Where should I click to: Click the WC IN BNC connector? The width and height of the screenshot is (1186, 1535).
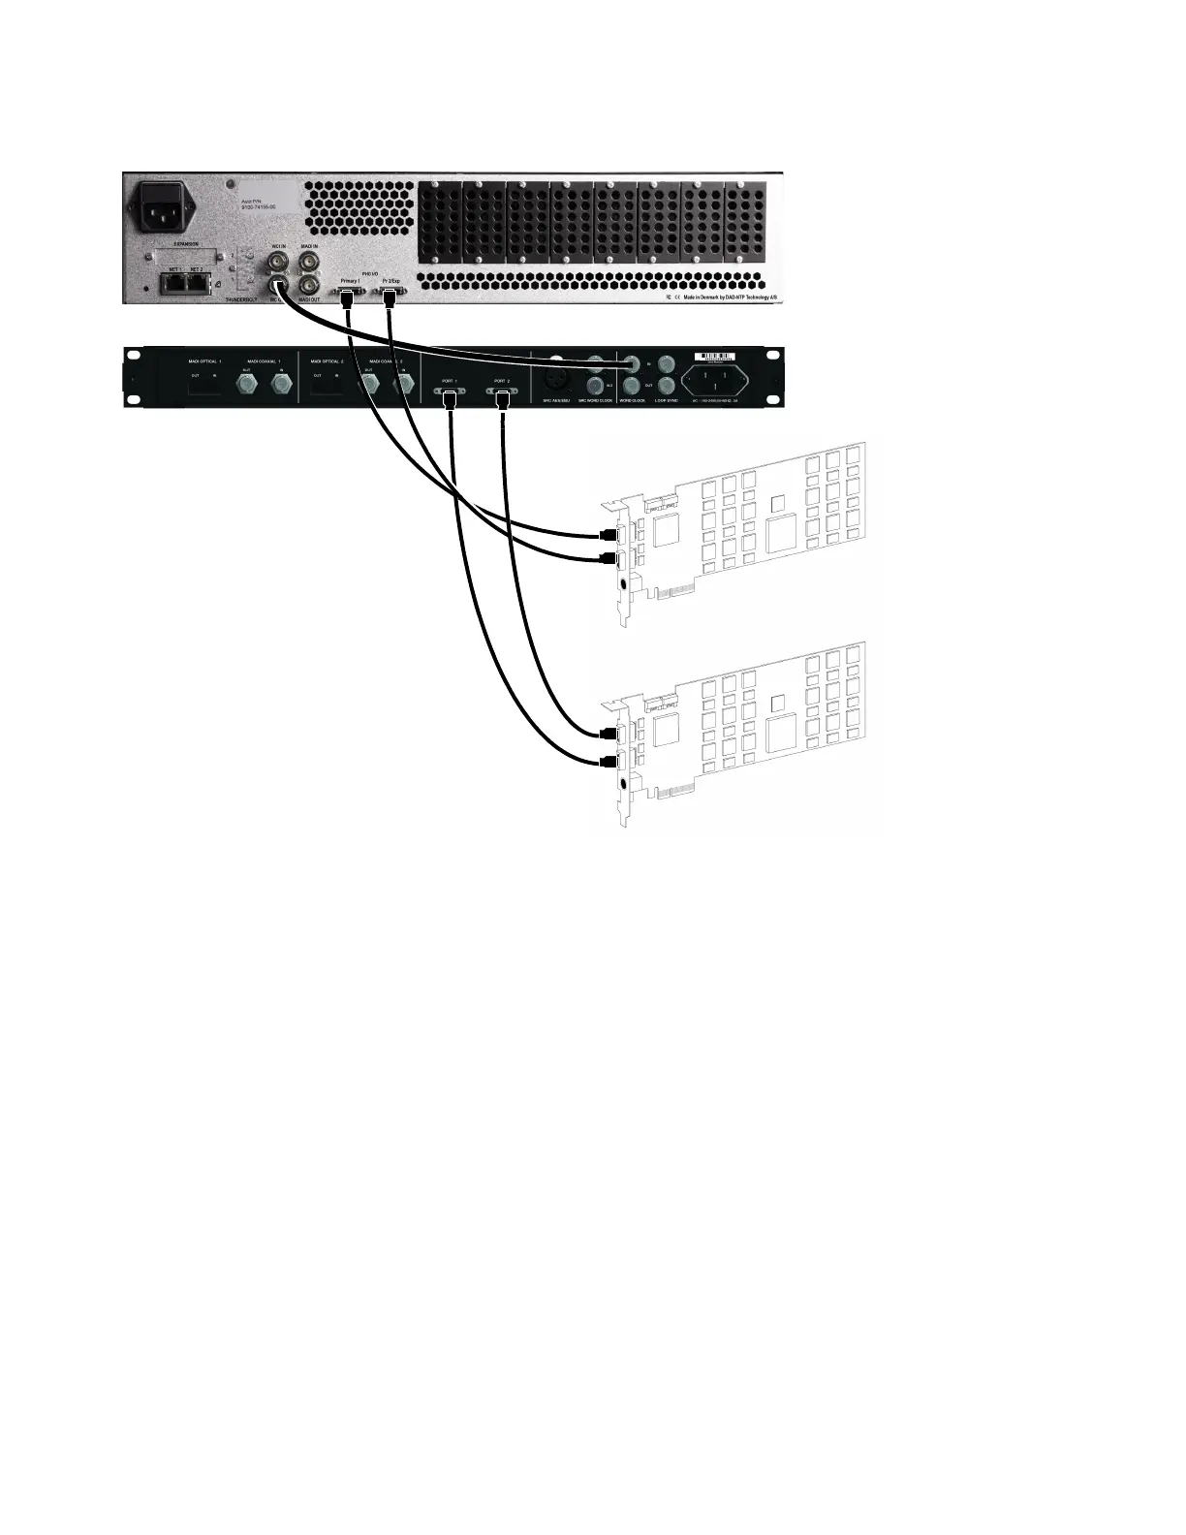(278, 263)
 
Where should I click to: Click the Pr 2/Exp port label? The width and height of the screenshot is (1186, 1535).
(390, 279)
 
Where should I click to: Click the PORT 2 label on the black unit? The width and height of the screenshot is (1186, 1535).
(501, 381)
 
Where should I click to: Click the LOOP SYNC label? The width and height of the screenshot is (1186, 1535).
(666, 399)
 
